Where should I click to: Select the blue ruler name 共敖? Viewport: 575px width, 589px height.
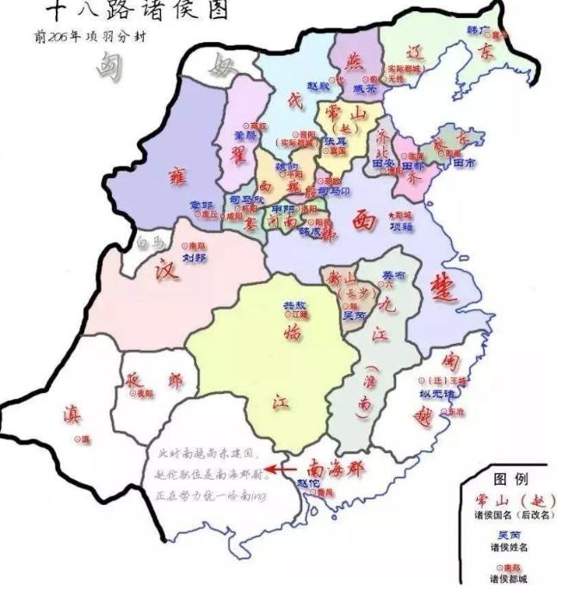click(294, 305)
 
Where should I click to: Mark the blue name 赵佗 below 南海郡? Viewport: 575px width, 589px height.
click(309, 483)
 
